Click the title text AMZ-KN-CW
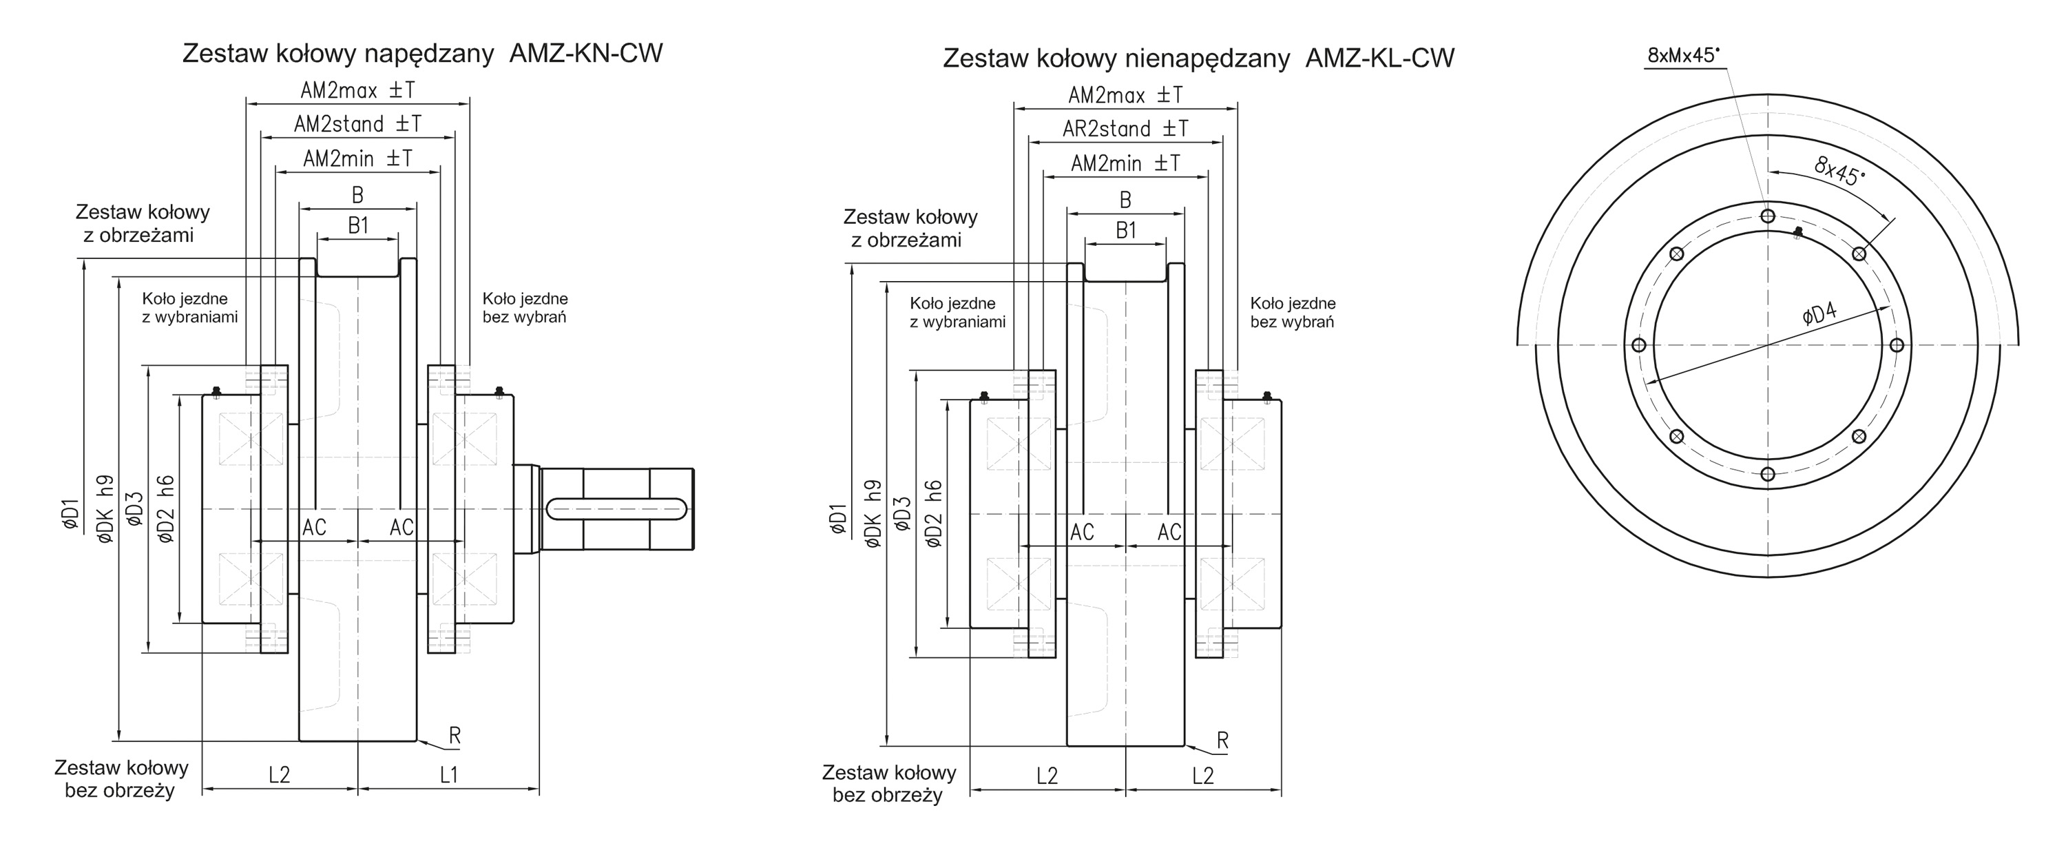pyautogui.click(x=586, y=54)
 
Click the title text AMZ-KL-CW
pyautogui.click(x=1379, y=59)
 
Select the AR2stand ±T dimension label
pyautogui.click(x=1125, y=129)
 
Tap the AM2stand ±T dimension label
pyautogui.click(x=357, y=124)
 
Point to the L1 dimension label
pyautogui.click(x=448, y=775)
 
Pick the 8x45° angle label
pyautogui.click(x=1839, y=170)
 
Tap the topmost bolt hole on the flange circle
pyautogui.click(x=1768, y=216)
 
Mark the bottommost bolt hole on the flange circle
pyautogui.click(x=1768, y=474)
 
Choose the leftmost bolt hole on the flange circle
pyautogui.click(x=1638, y=345)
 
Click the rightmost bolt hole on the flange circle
pyautogui.click(x=1897, y=345)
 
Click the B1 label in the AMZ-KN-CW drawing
pyautogui.click(x=357, y=226)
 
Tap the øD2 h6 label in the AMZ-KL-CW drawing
pyautogui.click(x=934, y=514)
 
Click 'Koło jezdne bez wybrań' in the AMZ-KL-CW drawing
pyautogui.click(x=1292, y=313)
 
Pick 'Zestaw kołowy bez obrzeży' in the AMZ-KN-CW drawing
pyautogui.click(x=121, y=779)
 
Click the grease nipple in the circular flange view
pyautogui.click(x=1797, y=233)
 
